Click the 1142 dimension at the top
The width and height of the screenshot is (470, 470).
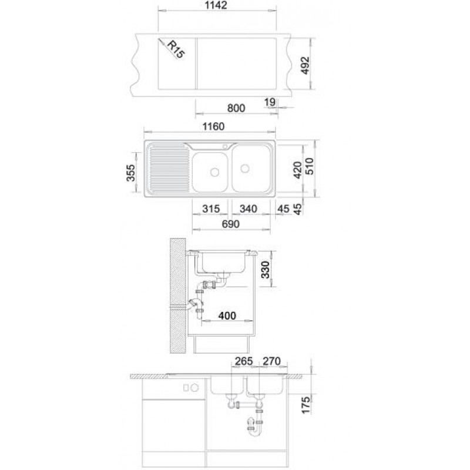tap(216, 5)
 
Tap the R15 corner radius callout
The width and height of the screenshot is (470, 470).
tap(176, 49)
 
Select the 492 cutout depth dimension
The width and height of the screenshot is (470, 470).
tap(305, 65)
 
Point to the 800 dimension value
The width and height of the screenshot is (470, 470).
tap(236, 108)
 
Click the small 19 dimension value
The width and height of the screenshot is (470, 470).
tap(270, 102)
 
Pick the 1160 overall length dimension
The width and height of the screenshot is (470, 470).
tap(213, 126)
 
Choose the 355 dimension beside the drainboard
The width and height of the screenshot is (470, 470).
tap(130, 173)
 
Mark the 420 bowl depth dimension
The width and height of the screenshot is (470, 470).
tap(298, 170)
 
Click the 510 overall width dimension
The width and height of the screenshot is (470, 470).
tap(309, 166)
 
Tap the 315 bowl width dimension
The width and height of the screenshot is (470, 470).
tap(211, 209)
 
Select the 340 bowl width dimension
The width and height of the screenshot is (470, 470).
tap(249, 209)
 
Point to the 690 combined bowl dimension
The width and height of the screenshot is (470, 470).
tap(231, 224)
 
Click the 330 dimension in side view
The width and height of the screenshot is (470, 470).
tap(266, 270)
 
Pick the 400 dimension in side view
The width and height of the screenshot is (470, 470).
tap(227, 315)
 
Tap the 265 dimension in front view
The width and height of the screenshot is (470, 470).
tap(244, 361)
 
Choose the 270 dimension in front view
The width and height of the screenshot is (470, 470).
tap(271, 361)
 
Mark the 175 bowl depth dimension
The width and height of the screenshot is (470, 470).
tap(305, 405)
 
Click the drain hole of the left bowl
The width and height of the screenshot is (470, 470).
tap(214, 172)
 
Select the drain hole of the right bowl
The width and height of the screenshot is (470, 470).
tap(245, 169)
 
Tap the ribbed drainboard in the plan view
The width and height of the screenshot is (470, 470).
tap(169, 169)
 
